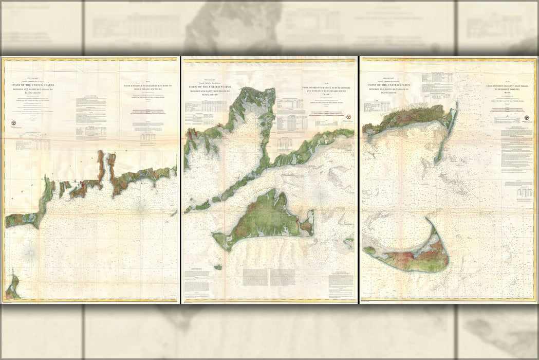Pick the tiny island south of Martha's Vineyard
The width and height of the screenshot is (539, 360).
[220, 267]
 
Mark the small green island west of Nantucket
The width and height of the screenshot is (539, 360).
[369, 250]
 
